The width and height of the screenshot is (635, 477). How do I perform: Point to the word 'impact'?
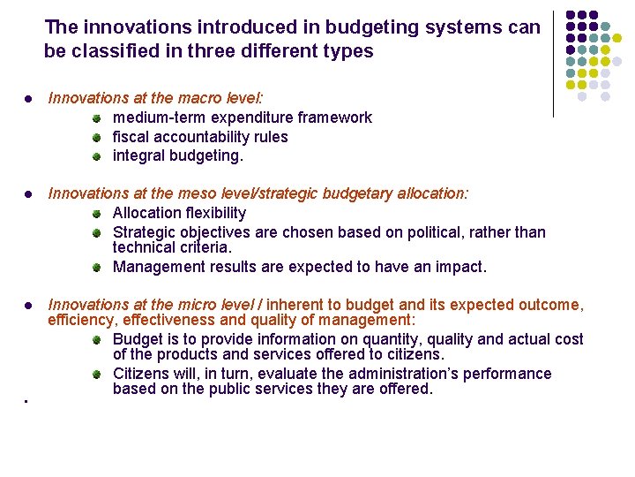[x=460, y=267]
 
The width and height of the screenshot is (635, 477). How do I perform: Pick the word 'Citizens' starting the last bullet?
[x=142, y=374]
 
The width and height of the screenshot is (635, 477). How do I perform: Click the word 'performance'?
[x=513, y=374]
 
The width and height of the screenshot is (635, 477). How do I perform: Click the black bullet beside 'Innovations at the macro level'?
[x=29, y=98]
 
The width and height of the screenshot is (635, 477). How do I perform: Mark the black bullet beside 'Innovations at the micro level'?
[x=29, y=306]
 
